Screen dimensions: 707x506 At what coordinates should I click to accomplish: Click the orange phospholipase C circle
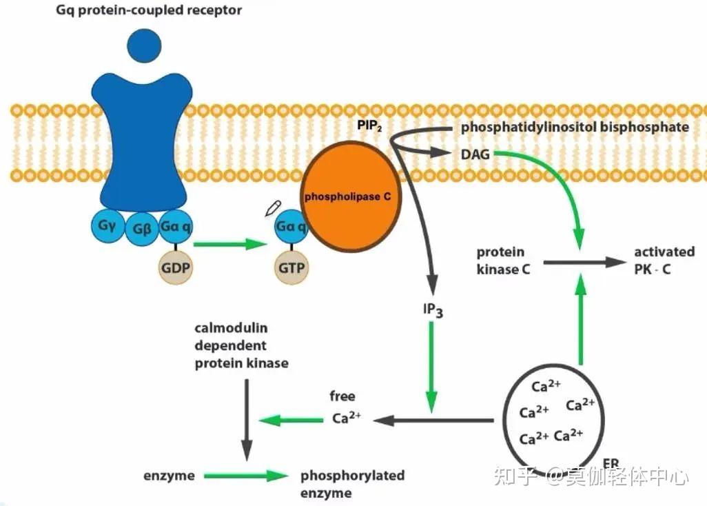pos(351,196)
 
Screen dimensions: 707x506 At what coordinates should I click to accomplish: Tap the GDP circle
pos(176,267)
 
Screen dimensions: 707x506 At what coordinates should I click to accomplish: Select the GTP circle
pos(291,268)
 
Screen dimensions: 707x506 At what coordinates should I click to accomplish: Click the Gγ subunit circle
pos(107,225)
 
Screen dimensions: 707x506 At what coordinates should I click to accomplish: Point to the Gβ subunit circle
pos(141,229)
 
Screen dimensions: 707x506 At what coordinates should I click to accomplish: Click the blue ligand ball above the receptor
pos(144,45)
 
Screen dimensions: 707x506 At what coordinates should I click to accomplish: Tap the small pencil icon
pos(273,208)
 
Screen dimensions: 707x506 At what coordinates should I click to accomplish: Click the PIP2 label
pos(370,125)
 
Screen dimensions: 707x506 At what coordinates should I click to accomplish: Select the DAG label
pos(475,154)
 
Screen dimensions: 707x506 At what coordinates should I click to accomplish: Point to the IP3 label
pos(433,310)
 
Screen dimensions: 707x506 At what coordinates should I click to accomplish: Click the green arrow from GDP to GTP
pos(230,245)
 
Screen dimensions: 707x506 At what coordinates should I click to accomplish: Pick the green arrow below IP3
pos(431,367)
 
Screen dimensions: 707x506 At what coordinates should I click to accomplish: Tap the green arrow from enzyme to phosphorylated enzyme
pos(246,476)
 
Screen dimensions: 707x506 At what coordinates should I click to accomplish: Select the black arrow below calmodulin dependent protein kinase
pos(247,420)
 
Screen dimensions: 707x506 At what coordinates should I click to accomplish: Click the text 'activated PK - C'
pos(664,260)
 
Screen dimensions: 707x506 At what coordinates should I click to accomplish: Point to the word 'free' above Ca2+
pos(342,396)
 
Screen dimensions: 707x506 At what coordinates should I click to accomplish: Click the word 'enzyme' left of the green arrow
pos(169,476)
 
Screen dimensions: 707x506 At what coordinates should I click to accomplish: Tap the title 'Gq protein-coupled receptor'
pos(149,10)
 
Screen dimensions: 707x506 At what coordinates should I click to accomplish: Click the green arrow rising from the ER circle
pos(581,319)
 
